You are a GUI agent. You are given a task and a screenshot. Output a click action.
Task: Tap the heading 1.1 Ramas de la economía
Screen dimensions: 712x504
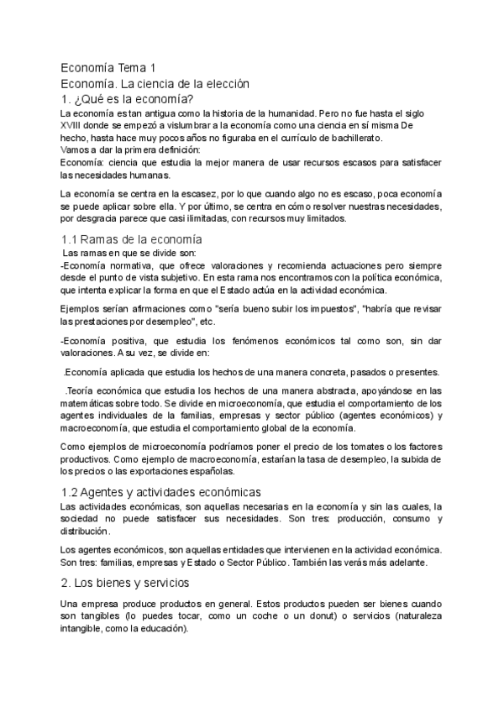coord(132,239)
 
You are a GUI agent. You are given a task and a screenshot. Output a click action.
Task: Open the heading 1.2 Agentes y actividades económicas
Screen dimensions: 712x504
coord(161,491)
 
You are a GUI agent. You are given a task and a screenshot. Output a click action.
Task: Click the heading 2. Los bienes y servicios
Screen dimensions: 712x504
coord(125,582)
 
